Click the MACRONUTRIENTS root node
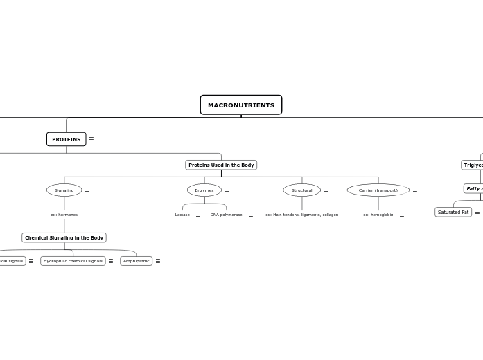pos(240,105)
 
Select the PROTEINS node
pos(66,139)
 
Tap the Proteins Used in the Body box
pos(221,165)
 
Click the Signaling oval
pos(64,190)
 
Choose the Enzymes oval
pos(204,190)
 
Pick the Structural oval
pos(301,190)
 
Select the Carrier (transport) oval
pos(378,190)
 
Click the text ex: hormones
pos(64,215)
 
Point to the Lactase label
pos(182,215)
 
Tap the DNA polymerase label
pos(226,215)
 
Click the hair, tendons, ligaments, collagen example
pos(301,215)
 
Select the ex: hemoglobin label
pos(378,215)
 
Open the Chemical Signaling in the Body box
pos(64,237)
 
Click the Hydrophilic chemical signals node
pos(73,261)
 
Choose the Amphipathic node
pos(136,261)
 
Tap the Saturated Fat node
pos(453,212)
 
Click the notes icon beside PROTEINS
pos(91,139)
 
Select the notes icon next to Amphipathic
pos(158,261)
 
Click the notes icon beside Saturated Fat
pos(477,212)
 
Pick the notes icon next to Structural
pos(326,190)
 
